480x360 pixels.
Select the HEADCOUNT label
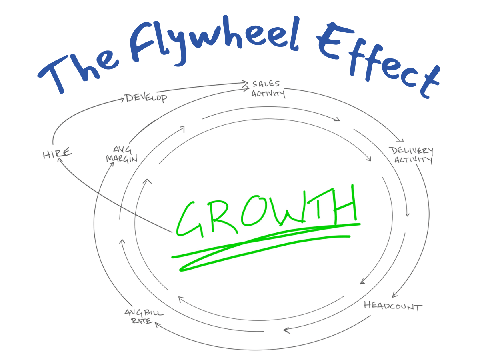tap(393, 307)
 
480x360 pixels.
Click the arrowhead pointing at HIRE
tap(60, 160)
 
